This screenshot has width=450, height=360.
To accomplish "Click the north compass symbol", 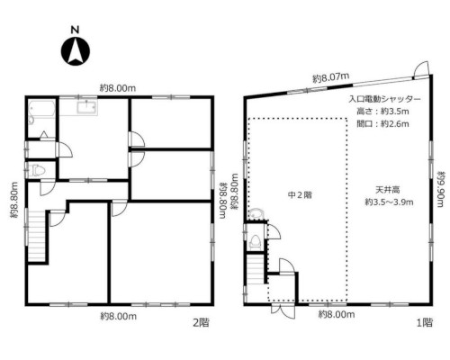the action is click(x=76, y=50).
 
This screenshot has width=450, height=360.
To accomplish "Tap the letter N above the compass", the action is click(x=75, y=30).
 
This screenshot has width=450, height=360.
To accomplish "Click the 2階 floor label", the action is click(x=201, y=323).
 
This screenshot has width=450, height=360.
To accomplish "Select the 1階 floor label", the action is click(x=425, y=323).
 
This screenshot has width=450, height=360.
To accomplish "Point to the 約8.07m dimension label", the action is click(x=331, y=78).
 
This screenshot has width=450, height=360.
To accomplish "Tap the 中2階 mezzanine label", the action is click(x=300, y=195).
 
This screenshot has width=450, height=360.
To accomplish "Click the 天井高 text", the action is click(x=388, y=190).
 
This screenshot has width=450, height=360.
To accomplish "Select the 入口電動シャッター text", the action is click(x=384, y=99).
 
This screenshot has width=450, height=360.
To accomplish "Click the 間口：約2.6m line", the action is click(x=382, y=123).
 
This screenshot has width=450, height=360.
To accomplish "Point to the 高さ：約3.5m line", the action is click(x=382, y=112).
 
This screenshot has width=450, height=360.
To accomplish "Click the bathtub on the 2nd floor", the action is click(x=41, y=112).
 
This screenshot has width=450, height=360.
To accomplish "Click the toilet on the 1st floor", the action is click(x=256, y=241).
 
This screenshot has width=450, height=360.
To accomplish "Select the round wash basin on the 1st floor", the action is click(x=256, y=214).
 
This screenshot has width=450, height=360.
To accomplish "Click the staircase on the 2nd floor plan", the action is click(x=37, y=236).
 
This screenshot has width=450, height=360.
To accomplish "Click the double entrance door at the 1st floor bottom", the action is click(x=283, y=311).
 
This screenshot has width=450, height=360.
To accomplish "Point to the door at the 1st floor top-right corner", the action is click(x=421, y=69).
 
